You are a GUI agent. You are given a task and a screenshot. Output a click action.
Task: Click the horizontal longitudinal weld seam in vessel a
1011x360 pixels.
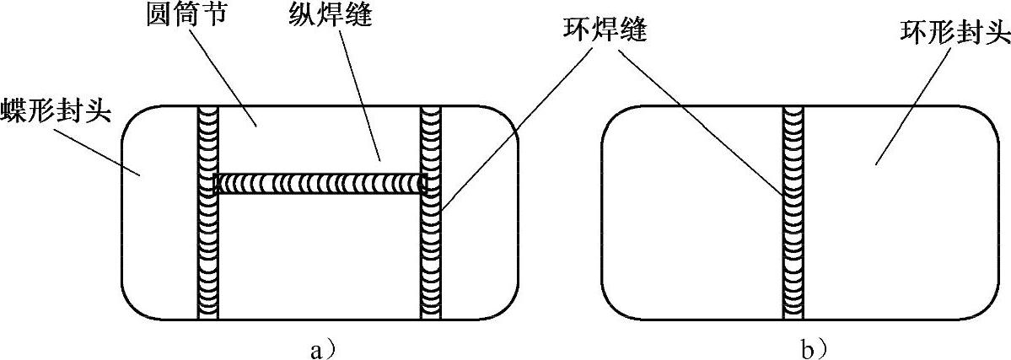tap(320, 183)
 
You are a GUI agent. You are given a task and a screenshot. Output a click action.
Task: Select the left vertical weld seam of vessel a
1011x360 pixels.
tap(207, 253)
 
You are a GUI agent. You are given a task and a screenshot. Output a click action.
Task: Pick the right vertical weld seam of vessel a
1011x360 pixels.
tap(431, 253)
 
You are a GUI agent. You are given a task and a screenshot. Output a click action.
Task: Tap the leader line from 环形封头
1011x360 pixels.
tap(915, 101)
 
